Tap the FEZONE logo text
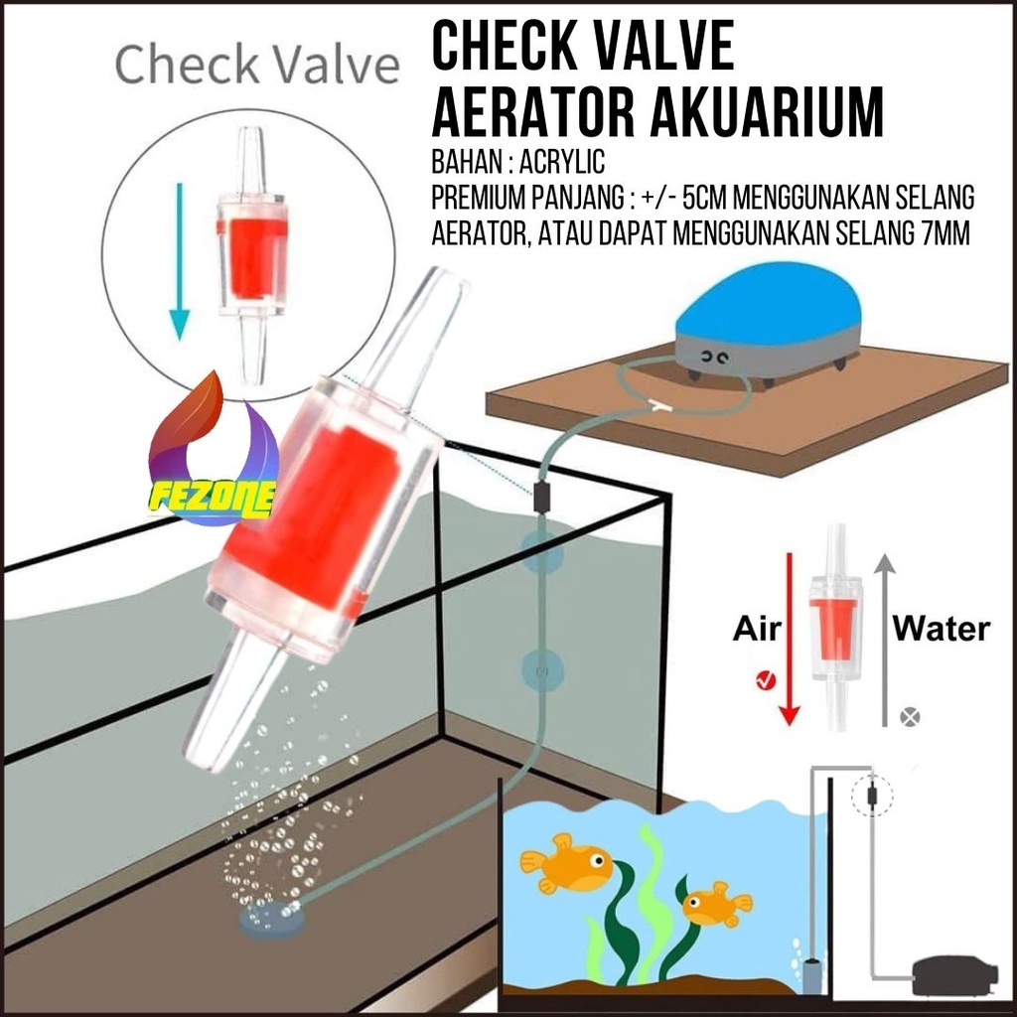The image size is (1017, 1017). click(212, 495)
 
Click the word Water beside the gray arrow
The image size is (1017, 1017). click(941, 628)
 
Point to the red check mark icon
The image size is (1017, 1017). click(765, 679)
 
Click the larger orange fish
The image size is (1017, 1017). click(567, 862)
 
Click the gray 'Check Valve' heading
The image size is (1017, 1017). click(256, 66)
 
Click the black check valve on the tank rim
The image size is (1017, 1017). click(542, 495)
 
